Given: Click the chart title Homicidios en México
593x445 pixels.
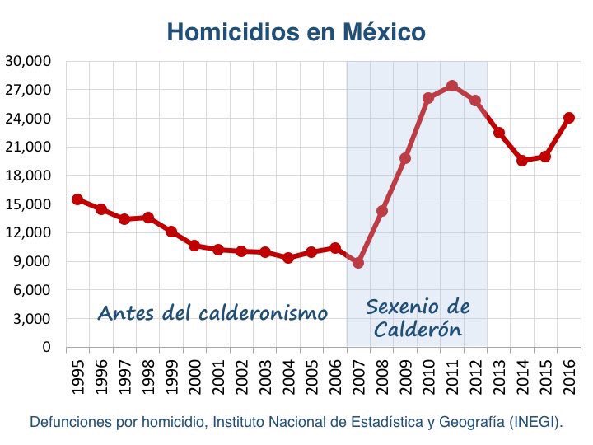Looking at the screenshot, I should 296,32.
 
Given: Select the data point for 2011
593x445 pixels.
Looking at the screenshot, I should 451,86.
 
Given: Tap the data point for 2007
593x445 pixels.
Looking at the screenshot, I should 358,262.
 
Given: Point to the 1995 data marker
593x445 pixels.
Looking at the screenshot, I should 77,199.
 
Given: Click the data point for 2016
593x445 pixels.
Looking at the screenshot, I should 568,118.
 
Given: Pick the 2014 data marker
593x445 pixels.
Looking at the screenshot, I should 522,161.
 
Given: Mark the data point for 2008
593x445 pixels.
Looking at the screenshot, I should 381,211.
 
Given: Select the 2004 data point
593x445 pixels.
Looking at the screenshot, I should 288,257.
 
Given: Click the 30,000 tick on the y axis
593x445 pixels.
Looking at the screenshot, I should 28,61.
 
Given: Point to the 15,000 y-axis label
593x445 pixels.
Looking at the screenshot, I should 28,204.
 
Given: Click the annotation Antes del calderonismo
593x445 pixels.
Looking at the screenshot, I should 212,313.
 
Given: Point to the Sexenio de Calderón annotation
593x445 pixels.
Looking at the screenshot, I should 418,318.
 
